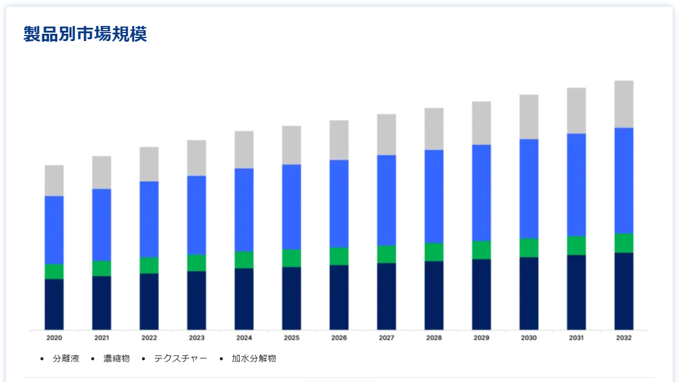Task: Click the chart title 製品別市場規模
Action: pos(85,34)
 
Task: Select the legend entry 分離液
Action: pos(66,358)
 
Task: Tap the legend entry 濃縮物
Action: pos(117,358)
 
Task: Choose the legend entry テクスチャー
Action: pos(180,358)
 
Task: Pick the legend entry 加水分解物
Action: pos(254,358)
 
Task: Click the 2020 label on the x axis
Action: pos(54,338)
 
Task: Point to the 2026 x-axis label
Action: pos(339,338)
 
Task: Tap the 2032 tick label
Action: pos(624,338)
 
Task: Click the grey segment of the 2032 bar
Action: pos(624,104)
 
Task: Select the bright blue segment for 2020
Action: pos(54,230)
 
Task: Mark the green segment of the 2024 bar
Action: pos(244,259)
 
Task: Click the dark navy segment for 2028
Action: pos(434,295)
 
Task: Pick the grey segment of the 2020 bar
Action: pos(54,180)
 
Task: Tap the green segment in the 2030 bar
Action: pos(529,247)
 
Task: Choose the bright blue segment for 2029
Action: pos(481,193)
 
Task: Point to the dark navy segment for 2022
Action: pos(149,302)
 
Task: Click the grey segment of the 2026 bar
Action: pos(339,140)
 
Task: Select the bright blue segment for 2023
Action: pos(196,215)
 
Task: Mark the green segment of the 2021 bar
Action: pos(101,269)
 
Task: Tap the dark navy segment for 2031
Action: pos(576,292)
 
